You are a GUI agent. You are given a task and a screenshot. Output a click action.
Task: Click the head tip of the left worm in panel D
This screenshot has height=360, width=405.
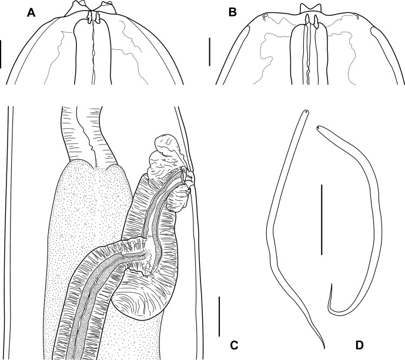click(x=306, y=112)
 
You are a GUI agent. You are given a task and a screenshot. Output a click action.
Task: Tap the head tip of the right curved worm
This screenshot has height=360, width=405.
click(x=317, y=127)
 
